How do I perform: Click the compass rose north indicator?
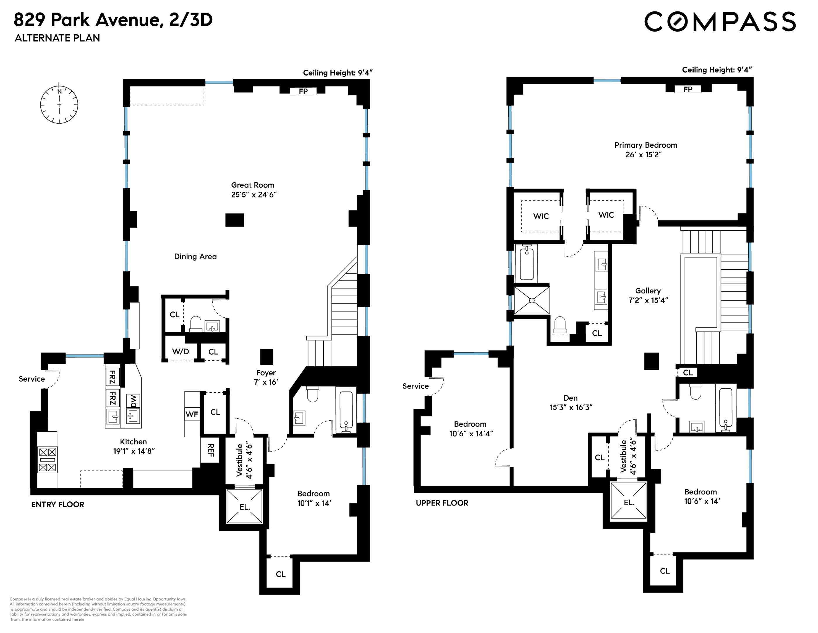(x=59, y=91)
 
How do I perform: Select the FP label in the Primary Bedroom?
(x=688, y=89)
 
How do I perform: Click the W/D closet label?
(x=181, y=351)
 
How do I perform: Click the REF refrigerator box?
(x=210, y=450)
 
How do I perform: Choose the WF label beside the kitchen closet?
(x=192, y=414)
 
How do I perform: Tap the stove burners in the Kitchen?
(x=47, y=460)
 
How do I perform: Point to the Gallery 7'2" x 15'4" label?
(x=648, y=295)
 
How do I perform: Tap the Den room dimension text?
(x=571, y=407)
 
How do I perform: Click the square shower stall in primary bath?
(x=531, y=300)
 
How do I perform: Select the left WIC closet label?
(x=541, y=216)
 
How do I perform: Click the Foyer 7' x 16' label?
(x=266, y=377)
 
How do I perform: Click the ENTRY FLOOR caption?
(x=58, y=504)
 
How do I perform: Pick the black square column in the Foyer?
(x=267, y=357)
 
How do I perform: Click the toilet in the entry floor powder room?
(x=196, y=324)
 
